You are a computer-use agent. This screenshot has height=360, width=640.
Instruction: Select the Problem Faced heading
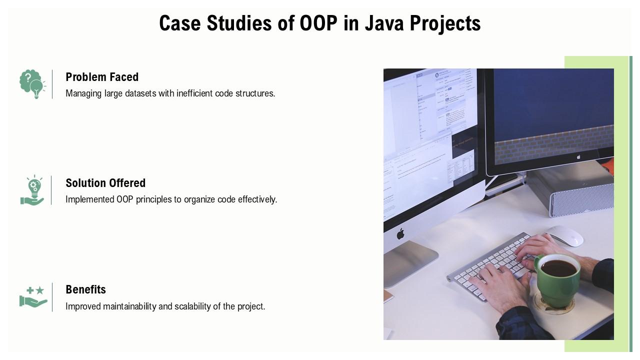(102, 77)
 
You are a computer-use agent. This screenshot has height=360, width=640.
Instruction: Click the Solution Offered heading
(105, 183)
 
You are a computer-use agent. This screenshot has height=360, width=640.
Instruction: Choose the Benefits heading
(85, 289)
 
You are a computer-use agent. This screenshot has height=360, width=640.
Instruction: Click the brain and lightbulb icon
(32, 83)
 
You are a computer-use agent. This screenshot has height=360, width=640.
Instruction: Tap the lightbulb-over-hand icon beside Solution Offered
(32, 190)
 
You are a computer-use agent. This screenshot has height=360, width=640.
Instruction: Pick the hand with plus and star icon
(33, 296)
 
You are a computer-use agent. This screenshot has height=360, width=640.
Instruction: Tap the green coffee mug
(557, 280)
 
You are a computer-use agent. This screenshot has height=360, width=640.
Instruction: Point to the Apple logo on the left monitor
(400, 233)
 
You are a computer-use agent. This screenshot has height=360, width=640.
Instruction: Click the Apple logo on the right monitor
(578, 156)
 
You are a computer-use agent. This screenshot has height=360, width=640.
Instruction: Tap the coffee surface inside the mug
(558, 268)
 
